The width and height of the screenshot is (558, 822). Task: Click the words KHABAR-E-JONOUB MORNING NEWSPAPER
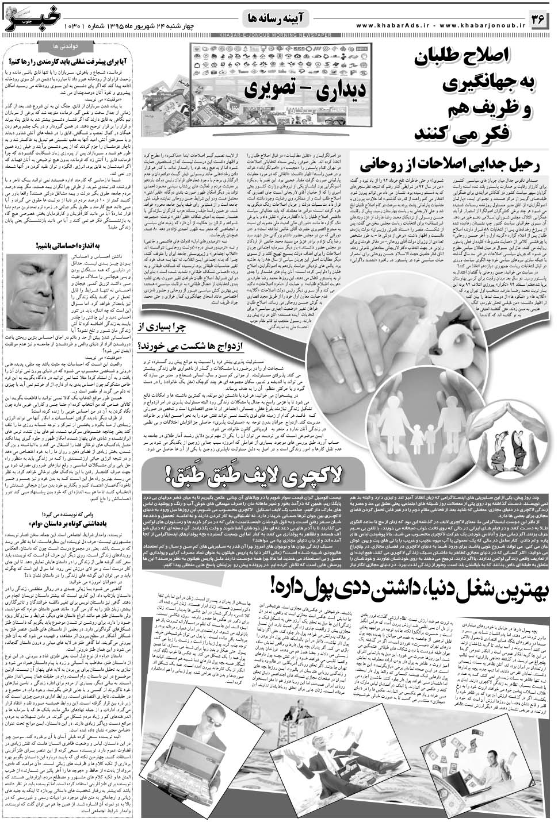click(278, 36)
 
